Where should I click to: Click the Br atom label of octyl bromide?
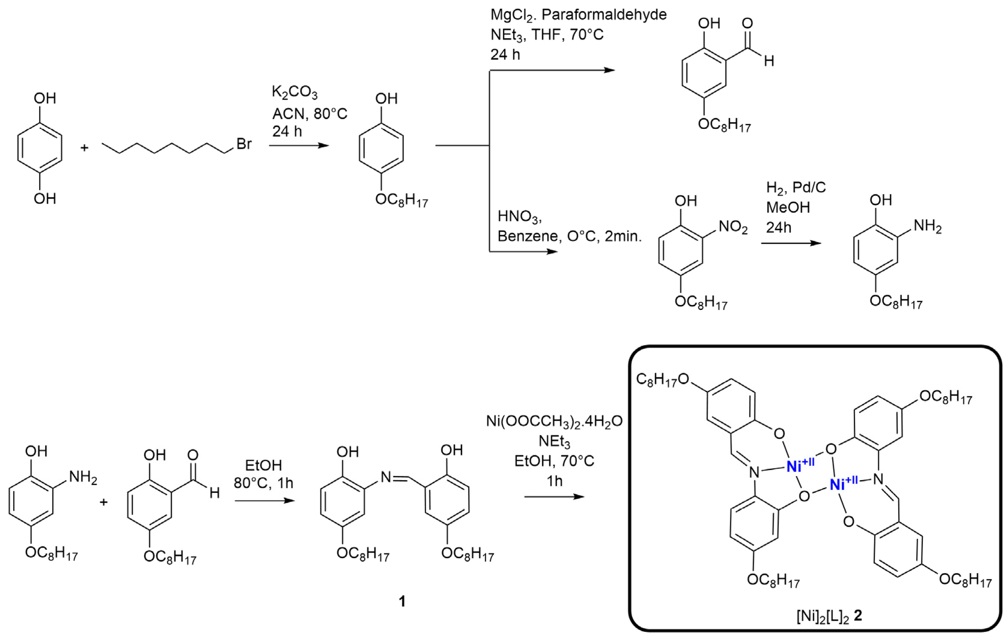pos(244,144)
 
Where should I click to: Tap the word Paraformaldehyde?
pos(604,15)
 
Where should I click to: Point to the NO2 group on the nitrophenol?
pos(733,227)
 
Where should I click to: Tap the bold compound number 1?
pos(402,602)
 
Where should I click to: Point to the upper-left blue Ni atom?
pos(800,466)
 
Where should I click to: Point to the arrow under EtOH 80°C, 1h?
pos(265,501)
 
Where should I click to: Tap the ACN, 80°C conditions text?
pos(310,113)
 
